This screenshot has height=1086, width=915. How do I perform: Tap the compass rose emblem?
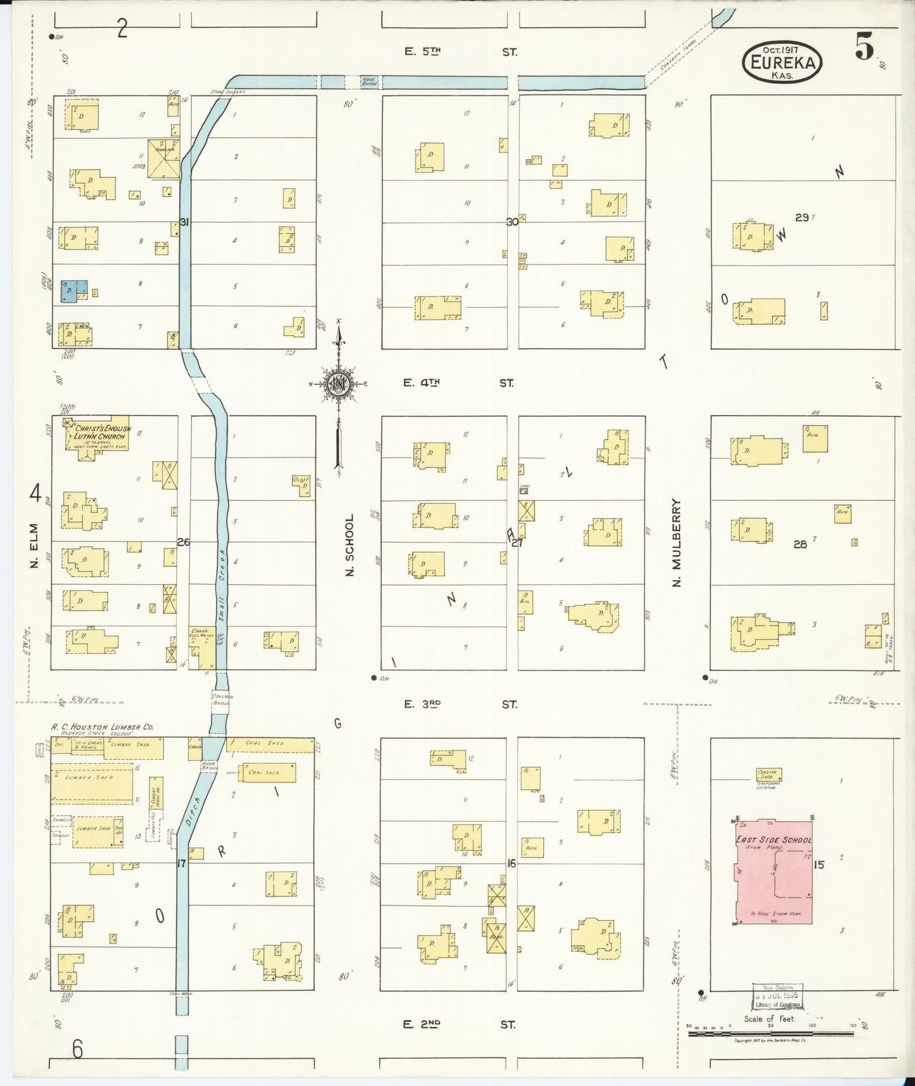point(339,383)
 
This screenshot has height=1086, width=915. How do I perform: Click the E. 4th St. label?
point(459,383)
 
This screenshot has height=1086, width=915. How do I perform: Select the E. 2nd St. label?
point(459,1025)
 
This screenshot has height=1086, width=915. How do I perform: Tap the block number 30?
point(512,222)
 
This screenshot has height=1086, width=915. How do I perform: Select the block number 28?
point(800,544)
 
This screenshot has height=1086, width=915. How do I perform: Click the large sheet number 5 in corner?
point(863,46)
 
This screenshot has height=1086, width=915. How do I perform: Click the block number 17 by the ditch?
point(182,863)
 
